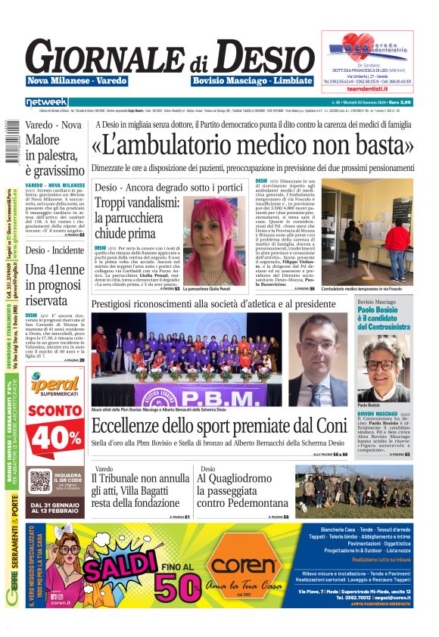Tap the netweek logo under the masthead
point(47,101)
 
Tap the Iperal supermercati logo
point(54,387)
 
